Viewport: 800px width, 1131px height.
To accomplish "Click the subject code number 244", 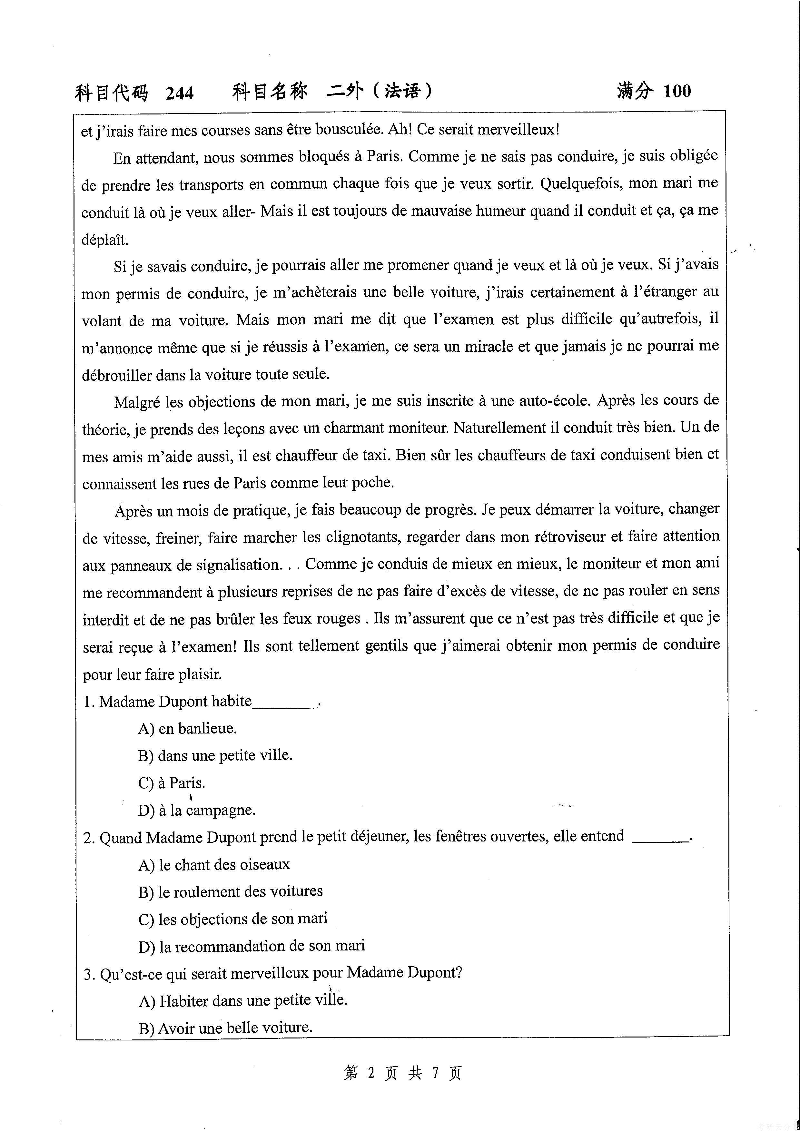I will pos(180,93).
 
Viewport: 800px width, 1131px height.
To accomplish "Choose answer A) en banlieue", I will pos(187,729).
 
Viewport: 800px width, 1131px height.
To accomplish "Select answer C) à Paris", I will pos(172,783).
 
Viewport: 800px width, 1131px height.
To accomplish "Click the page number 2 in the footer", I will pos(371,1072).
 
